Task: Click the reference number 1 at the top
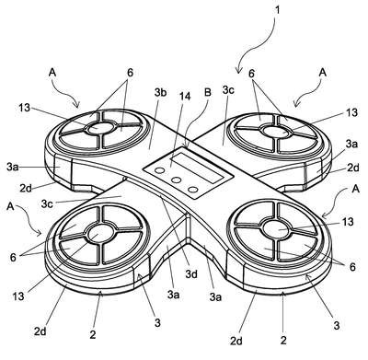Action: (x=278, y=10)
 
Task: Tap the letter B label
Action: (x=208, y=93)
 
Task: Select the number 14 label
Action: (x=184, y=97)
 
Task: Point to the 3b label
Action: (x=160, y=92)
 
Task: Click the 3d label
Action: (x=191, y=274)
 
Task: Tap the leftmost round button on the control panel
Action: (x=160, y=170)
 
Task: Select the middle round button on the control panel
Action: (x=177, y=180)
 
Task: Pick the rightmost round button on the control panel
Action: (x=193, y=190)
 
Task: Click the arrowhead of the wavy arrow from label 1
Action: (x=238, y=71)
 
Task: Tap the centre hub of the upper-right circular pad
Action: (x=276, y=130)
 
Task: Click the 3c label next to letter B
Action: (x=229, y=90)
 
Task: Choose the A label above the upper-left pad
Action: (x=52, y=73)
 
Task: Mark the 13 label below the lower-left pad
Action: (x=18, y=296)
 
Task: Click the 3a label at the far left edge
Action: (x=13, y=167)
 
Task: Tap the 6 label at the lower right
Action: (x=352, y=267)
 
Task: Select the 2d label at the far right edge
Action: (x=353, y=168)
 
